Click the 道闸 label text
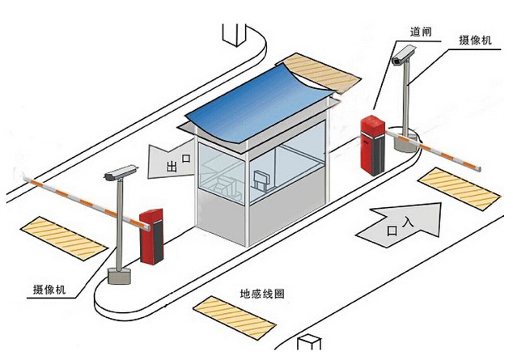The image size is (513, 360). pos(421,32)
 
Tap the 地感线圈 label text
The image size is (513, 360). pos(262,294)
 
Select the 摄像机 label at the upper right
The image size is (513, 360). pos(475,40)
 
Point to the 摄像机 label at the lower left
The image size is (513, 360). pos(49,290)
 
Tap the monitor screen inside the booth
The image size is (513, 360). pos(261,179)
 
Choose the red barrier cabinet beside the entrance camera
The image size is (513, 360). pos(373,145)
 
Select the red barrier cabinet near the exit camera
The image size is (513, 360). pos(151,236)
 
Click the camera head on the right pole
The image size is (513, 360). pos(404,56)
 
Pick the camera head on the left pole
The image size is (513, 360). pos(120,172)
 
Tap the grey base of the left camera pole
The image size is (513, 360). pos(119,276)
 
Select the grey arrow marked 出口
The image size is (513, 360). pos(170,162)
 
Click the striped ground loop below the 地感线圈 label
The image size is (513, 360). pos(235,317)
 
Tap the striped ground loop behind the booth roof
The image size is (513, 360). pos(319,73)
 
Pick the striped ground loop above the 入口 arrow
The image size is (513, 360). pos(460,188)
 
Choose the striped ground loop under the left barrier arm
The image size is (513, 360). pos(64,239)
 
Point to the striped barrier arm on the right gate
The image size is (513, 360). pos(433,150)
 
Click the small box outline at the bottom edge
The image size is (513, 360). pos(309,342)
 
